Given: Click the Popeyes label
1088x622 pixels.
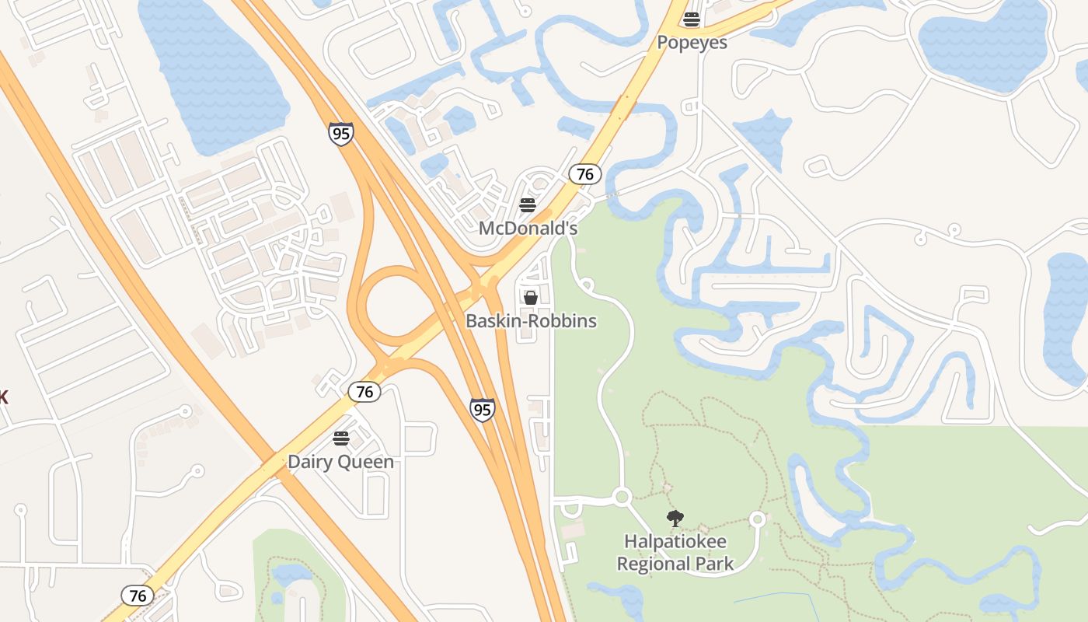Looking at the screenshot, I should click(692, 42).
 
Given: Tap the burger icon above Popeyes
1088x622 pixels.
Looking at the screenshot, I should click(692, 19).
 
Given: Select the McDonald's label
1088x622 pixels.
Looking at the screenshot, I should click(528, 228).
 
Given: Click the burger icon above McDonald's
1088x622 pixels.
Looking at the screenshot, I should click(528, 205).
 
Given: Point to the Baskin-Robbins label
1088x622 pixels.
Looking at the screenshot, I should click(531, 320).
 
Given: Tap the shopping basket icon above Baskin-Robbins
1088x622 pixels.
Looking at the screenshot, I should click(531, 298).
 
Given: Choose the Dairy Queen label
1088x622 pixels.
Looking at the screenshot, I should click(340, 461).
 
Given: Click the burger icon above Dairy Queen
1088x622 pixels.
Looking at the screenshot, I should click(340, 439).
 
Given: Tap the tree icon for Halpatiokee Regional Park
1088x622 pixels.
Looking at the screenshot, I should click(675, 518).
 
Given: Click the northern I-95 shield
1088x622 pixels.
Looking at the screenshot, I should click(340, 133).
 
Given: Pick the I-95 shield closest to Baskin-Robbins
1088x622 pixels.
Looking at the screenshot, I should click(482, 409).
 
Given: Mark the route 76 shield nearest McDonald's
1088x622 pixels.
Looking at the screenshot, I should click(585, 174).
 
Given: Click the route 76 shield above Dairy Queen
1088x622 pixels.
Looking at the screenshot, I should click(364, 391).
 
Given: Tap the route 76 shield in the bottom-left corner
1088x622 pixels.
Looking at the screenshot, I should click(138, 596).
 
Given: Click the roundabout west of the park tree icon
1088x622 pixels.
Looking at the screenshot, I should click(621, 496).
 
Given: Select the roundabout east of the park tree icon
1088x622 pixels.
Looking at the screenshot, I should click(758, 519).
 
